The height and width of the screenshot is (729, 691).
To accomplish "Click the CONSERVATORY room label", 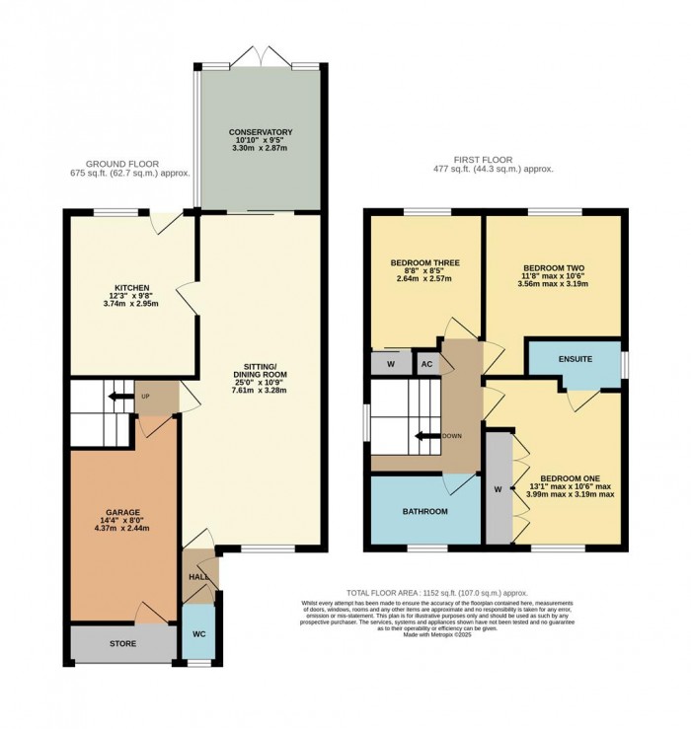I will coord(261,132).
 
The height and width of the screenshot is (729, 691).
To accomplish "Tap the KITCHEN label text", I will coord(130,287).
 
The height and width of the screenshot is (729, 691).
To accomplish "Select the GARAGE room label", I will coord(123,512).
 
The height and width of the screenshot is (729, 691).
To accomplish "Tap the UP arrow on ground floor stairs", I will coord(122,397).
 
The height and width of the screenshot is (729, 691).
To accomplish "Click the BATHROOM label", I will coord(424,511).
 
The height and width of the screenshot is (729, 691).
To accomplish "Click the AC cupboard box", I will coord(426,362).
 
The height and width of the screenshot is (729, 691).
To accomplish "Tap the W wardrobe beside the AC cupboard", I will coord(391,362).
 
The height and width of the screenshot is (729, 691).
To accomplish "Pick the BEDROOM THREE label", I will coord(424,263).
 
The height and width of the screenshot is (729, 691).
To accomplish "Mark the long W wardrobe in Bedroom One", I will coord(499,486).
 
